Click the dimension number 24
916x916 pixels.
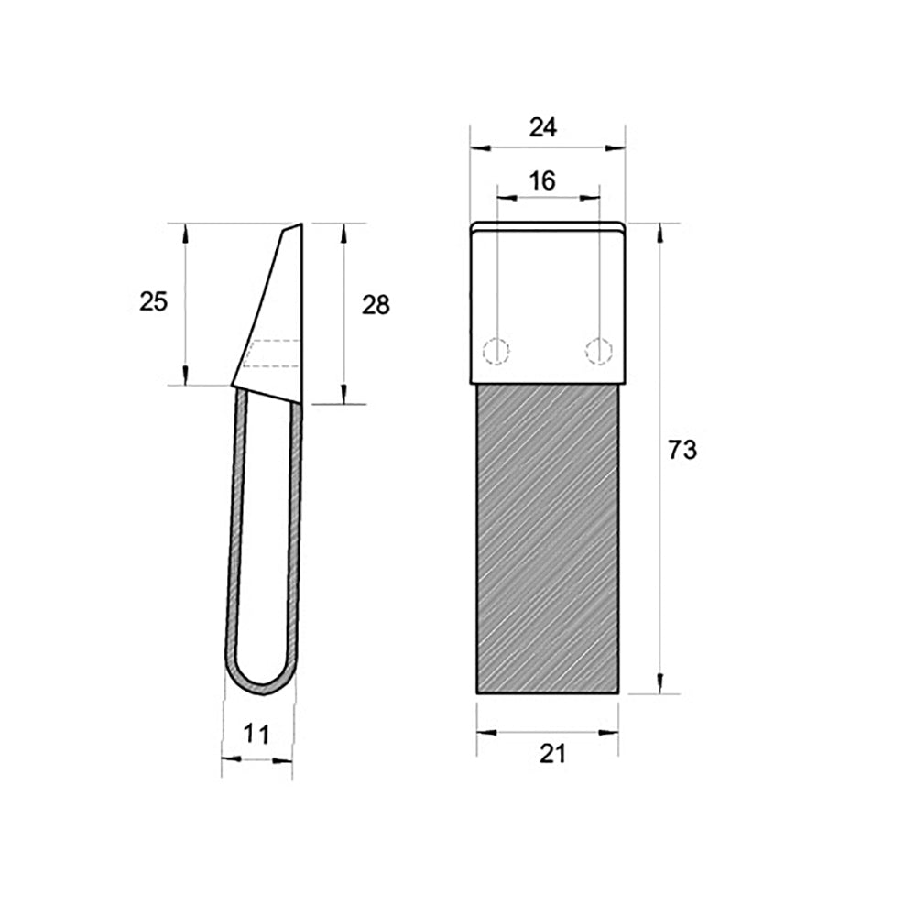[x=542, y=127]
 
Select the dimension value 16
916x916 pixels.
[x=542, y=181]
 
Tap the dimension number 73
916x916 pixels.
[x=682, y=450]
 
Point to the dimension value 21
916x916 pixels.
[x=552, y=754]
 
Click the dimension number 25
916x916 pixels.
[x=154, y=301]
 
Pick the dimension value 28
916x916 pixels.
[x=376, y=305]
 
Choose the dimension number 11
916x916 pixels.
[x=256, y=734]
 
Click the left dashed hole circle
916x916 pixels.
[x=496, y=351]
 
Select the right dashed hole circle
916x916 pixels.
[x=599, y=351]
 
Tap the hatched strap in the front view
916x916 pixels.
[x=548, y=539]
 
